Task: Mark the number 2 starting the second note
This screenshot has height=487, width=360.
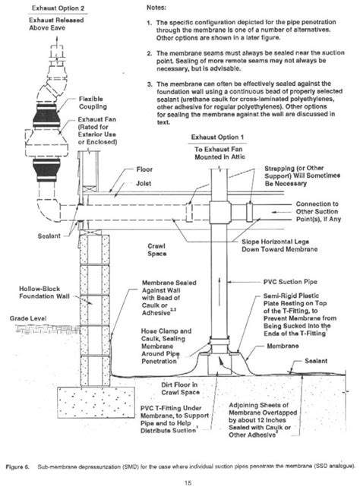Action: (150, 53)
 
